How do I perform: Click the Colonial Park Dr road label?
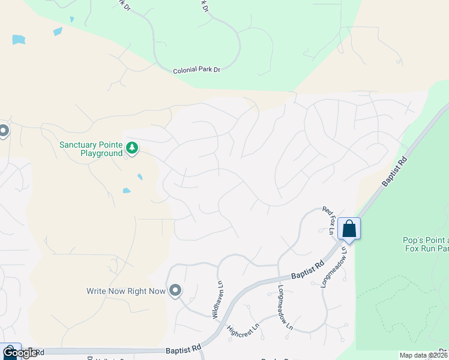click(x=197, y=70)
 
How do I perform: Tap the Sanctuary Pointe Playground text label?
click(x=91, y=149)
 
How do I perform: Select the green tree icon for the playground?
click(x=131, y=147)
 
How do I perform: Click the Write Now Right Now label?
click(x=125, y=291)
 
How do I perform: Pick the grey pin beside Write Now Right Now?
click(x=175, y=290)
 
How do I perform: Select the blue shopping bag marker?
click(x=349, y=229)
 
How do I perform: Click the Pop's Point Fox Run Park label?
click(x=426, y=245)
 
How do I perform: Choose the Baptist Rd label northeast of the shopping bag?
click(x=394, y=174)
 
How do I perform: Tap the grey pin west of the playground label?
click(x=3, y=130)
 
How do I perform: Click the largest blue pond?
click(x=19, y=40)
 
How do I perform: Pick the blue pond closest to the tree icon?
click(x=140, y=176)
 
